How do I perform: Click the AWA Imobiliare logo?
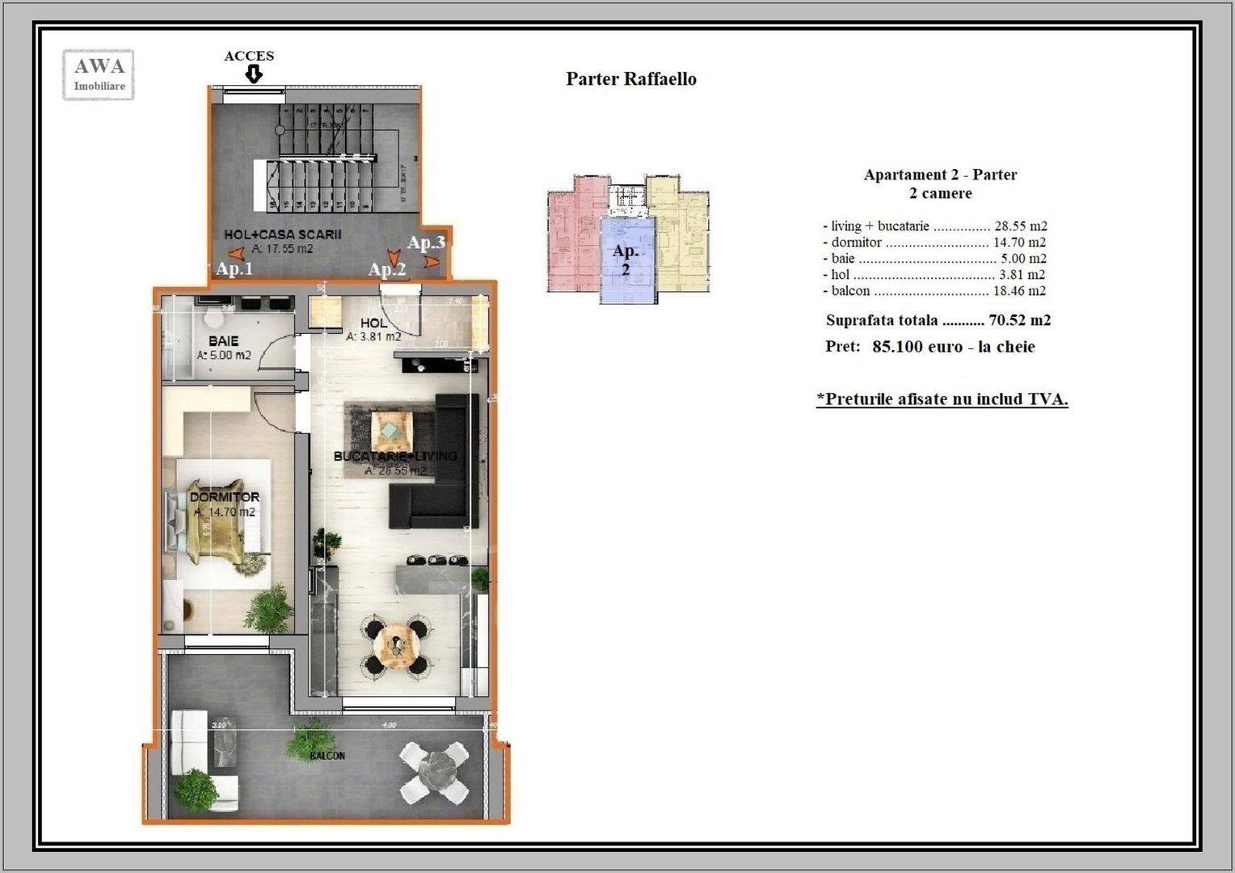pos(99,75)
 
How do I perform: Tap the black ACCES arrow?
pos(254,74)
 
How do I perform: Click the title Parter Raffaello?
pos(630,79)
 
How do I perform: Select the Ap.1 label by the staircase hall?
pos(234,268)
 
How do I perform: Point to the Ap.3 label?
pos(426,242)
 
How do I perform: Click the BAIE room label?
pos(223,341)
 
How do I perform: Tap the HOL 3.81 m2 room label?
pos(373,330)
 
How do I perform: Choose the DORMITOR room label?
pos(225,497)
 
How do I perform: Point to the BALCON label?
pos(327,756)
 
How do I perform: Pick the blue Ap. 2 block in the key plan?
pos(626,259)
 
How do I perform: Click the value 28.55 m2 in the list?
pos(1020,226)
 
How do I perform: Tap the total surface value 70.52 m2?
pos(1019,320)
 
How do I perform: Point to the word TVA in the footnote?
pos(1046,399)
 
